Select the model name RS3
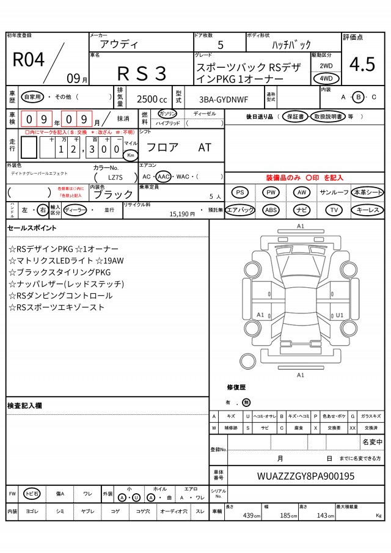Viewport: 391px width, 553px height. [142, 73]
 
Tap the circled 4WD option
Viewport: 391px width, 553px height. [326, 79]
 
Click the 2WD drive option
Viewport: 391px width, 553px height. [326, 65]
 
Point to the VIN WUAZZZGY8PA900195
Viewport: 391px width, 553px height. [306, 476]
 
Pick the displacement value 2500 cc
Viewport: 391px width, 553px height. [151, 99]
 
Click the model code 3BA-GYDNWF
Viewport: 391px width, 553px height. [221, 99]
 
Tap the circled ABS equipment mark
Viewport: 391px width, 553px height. [271, 210]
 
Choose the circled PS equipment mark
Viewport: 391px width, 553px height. [241, 192]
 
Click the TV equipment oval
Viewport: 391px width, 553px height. [334, 210]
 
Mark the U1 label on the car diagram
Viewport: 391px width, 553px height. [340, 315]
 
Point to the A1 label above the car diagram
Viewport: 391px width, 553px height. [300, 226]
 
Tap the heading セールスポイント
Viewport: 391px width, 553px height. [32, 228]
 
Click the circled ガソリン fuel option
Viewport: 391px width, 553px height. [167, 114]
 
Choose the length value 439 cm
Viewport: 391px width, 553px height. [249, 516]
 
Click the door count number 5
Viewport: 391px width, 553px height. [221, 45]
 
